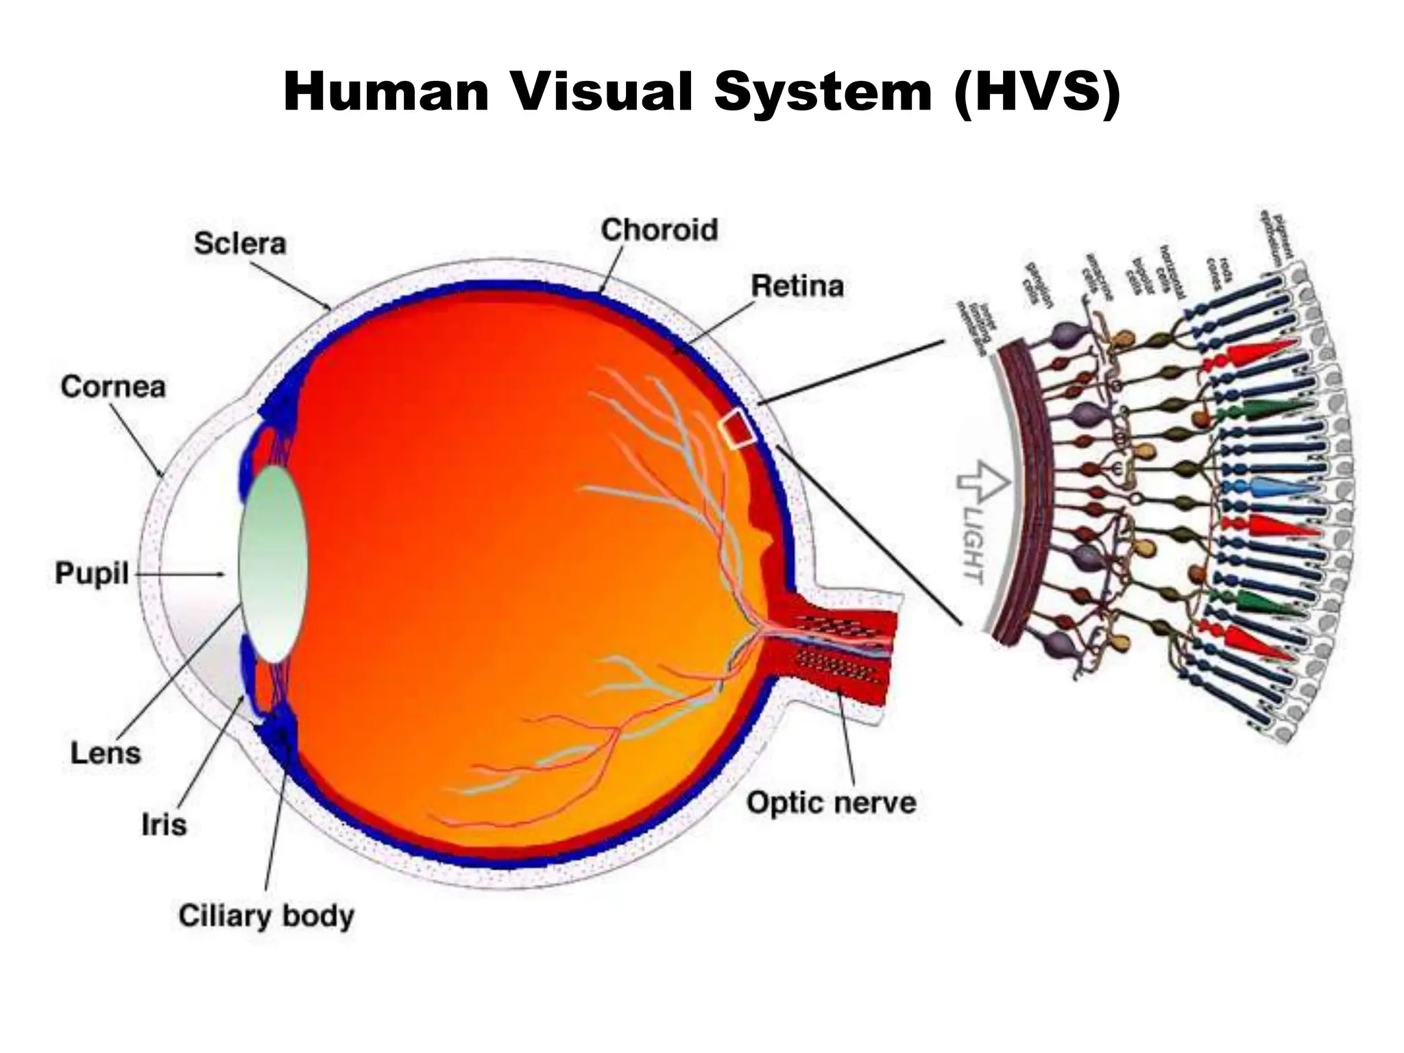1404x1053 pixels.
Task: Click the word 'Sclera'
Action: [x=239, y=244]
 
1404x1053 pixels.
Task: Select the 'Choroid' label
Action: [x=659, y=230]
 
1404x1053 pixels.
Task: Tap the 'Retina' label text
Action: [x=797, y=286]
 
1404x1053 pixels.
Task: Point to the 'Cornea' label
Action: [x=113, y=387]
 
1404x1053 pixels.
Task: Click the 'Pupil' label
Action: [x=92, y=573]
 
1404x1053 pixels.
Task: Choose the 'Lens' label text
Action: [x=106, y=753]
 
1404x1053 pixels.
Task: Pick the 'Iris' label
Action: [x=164, y=825]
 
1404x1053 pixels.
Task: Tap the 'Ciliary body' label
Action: [x=266, y=917]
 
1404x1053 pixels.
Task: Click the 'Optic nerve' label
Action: [x=831, y=802]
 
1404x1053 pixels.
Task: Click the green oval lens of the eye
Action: [x=273, y=564]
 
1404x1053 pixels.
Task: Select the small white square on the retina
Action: [x=737, y=428]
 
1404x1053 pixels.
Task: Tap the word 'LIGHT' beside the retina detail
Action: [x=973, y=544]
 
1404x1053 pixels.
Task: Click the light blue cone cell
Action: [x=1282, y=488]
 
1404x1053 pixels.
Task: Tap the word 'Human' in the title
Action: [x=385, y=93]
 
